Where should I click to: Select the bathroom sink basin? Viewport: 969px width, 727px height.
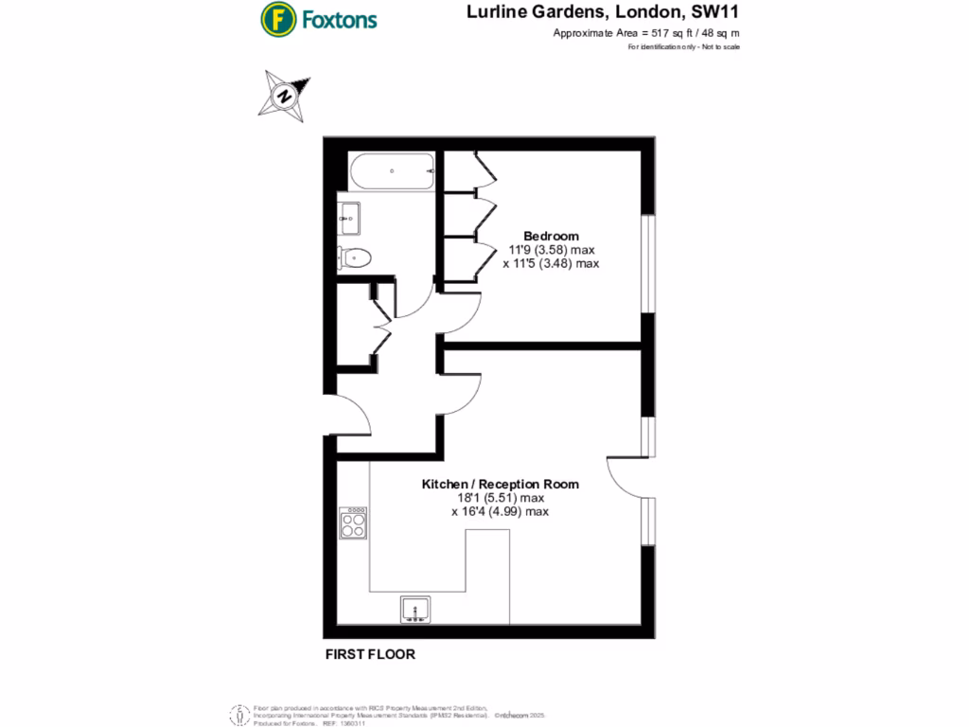pyautogui.click(x=347, y=218)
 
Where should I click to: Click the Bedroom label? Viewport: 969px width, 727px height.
pyautogui.click(x=552, y=236)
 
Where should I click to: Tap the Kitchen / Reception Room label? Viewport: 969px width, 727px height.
pyautogui.click(x=500, y=484)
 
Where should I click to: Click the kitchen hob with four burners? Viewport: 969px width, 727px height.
pyautogui.click(x=354, y=523)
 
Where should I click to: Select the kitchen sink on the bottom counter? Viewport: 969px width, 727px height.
pyautogui.click(x=414, y=609)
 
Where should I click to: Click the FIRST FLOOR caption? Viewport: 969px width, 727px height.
pyautogui.click(x=370, y=654)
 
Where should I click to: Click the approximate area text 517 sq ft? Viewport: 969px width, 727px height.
pyautogui.click(x=645, y=33)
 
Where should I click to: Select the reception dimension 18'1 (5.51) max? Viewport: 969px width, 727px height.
pyautogui.click(x=501, y=498)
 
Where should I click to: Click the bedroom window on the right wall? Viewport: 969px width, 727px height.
pyautogui.click(x=648, y=263)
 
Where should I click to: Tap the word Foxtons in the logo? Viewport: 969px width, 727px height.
pyautogui.click(x=339, y=19)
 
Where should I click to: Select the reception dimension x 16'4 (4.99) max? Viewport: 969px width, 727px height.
pyautogui.click(x=501, y=512)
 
